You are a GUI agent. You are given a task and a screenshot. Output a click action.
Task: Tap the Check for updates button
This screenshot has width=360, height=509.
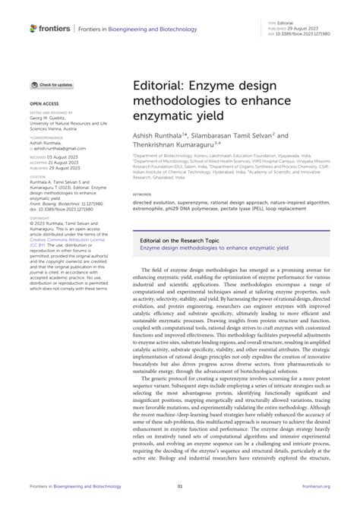point(52,84)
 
